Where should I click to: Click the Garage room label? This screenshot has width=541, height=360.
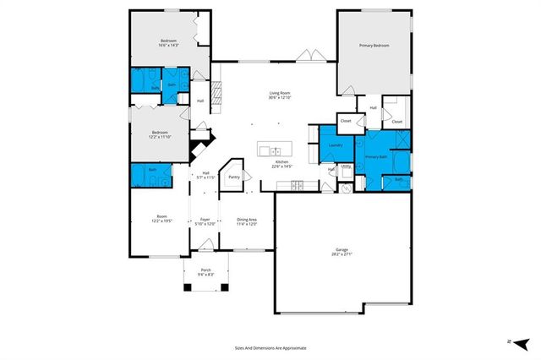coord(342,249)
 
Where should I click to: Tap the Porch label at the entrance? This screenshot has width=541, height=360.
coord(205,270)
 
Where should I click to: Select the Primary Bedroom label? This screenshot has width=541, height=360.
coord(374,45)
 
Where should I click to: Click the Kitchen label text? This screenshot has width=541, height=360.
coord(281,161)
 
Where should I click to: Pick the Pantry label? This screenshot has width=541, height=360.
coord(233,177)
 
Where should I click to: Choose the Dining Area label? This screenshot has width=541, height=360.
coord(246,220)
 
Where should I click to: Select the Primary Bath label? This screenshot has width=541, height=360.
coord(376,156)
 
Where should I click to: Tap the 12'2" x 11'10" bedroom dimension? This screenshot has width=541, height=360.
coord(160,136)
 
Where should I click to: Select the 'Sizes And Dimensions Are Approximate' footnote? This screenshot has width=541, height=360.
coord(270,347)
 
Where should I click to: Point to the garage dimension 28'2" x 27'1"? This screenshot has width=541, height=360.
coord(342,254)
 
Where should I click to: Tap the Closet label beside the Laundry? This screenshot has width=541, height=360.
coord(346,121)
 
